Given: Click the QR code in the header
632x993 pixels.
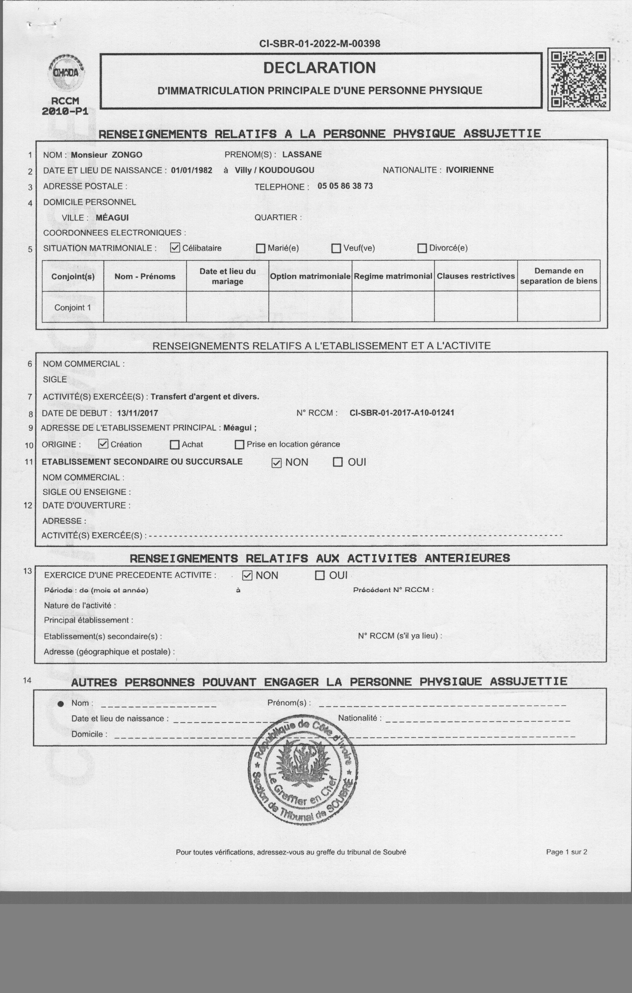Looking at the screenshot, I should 579,79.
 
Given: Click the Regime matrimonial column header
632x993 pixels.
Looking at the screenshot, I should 393,276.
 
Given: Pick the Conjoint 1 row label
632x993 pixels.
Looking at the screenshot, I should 73,308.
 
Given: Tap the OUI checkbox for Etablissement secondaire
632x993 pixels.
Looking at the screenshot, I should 337,462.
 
